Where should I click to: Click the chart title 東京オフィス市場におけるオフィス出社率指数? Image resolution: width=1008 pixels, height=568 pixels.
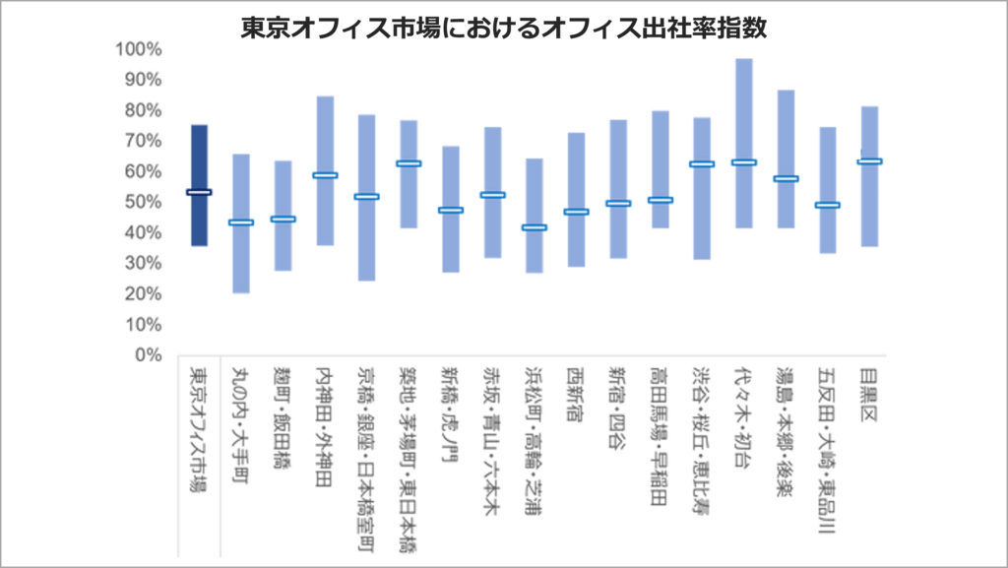click(x=503, y=28)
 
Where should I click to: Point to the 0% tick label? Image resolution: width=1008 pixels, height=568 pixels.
click(x=146, y=355)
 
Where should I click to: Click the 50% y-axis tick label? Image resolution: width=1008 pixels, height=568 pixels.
click(x=142, y=202)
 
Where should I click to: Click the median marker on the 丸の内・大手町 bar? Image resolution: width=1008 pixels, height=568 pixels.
click(x=241, y=222)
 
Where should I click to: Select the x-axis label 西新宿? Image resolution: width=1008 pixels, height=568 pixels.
click(x=576, y=394)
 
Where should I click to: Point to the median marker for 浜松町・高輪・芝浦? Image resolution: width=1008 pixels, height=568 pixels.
click(x=535, y=227)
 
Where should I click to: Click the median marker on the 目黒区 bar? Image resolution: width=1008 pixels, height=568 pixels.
click(x=869, y=160)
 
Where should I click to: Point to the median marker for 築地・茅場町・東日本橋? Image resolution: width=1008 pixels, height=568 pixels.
click(x=409, y=163)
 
